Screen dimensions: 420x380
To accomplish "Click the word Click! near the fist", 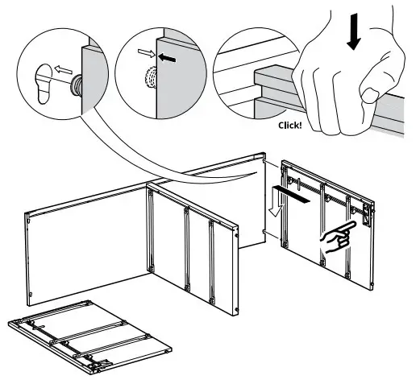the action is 290,126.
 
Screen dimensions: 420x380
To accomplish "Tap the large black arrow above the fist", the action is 354,32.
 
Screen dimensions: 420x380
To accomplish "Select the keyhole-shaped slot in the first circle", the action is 44,84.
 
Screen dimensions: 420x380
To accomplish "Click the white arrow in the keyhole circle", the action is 64,70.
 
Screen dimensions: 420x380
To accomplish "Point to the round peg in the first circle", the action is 76,84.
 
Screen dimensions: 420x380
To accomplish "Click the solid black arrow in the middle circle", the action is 167,58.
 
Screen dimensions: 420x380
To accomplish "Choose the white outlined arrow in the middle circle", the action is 147,53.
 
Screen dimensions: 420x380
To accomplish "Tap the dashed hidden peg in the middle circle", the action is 151,77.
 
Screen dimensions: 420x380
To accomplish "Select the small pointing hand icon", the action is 338,237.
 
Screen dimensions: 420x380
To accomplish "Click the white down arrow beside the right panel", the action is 277,201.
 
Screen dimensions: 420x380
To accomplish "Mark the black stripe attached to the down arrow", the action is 292,195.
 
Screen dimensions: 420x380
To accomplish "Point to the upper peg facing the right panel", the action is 264,162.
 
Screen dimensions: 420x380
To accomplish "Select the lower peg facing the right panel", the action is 264,232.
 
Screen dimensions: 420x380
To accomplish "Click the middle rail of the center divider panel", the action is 187,249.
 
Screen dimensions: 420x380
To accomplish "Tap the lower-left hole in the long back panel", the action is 31,295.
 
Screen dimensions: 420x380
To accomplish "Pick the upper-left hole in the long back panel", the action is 29,221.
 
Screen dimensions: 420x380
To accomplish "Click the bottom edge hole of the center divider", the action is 237,310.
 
